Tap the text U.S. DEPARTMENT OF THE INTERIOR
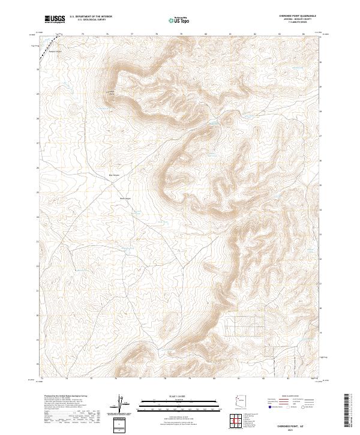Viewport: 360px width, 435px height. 91,17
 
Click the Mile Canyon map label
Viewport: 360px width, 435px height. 113,175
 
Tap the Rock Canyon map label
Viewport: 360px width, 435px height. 125,199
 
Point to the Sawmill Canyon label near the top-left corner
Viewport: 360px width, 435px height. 55,51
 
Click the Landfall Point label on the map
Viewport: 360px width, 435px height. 110,92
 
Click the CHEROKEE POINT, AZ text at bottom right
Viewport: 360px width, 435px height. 301,424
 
